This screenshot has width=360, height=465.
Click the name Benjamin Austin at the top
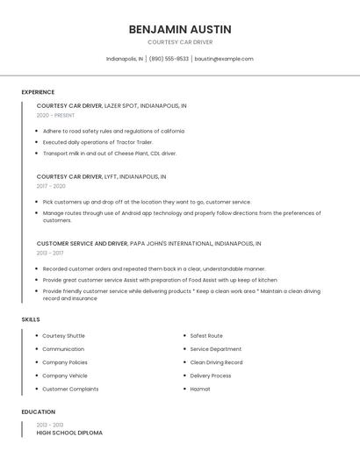(180, 29)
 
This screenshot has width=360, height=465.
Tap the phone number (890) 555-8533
(169, 59)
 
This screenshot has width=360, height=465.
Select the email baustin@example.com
(224, 59)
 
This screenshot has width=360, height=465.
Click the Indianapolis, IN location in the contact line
(125, 59)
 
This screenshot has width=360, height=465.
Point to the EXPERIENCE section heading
(38, 92)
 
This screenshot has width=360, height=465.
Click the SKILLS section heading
(31, 319)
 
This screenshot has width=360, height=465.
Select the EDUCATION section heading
(39, 411)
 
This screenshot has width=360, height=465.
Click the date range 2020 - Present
(55, 115)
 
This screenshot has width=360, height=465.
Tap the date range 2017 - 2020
(51, 186)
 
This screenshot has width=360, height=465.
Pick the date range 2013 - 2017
(50, 253)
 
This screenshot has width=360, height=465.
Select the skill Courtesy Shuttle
(63, 335)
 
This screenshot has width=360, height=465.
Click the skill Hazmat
(200, 389)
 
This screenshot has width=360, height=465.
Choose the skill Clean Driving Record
(216, 361)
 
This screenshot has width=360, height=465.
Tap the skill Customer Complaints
(70, 389)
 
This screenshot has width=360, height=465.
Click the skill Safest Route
(206, 335)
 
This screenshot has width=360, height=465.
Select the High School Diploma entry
(69, 433)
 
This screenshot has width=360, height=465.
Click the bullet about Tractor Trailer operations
(97, 141)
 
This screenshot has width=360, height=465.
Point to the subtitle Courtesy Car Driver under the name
(180, 42)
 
